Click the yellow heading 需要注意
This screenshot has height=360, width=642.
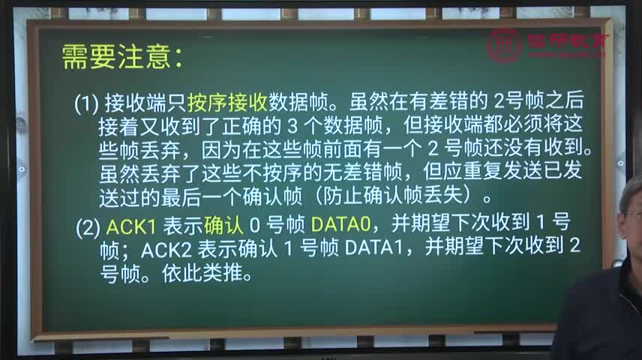tap(116, 57)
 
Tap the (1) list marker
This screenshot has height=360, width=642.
tap(86, 103)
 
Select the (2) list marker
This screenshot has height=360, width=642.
tap(88, 227)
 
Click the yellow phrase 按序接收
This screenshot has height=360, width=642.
tap(227, 102)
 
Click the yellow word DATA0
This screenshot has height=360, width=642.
tap(340, 224)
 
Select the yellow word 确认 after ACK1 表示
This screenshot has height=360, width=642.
tap(223, 225)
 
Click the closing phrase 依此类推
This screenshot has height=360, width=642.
tap(202, 273)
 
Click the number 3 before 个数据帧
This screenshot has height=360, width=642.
tap(292, 126)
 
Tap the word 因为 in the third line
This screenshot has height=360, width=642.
tap(221, 150)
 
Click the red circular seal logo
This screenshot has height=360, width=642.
tap(504, 46)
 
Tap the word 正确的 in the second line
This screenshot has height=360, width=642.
tap(251, 127)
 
